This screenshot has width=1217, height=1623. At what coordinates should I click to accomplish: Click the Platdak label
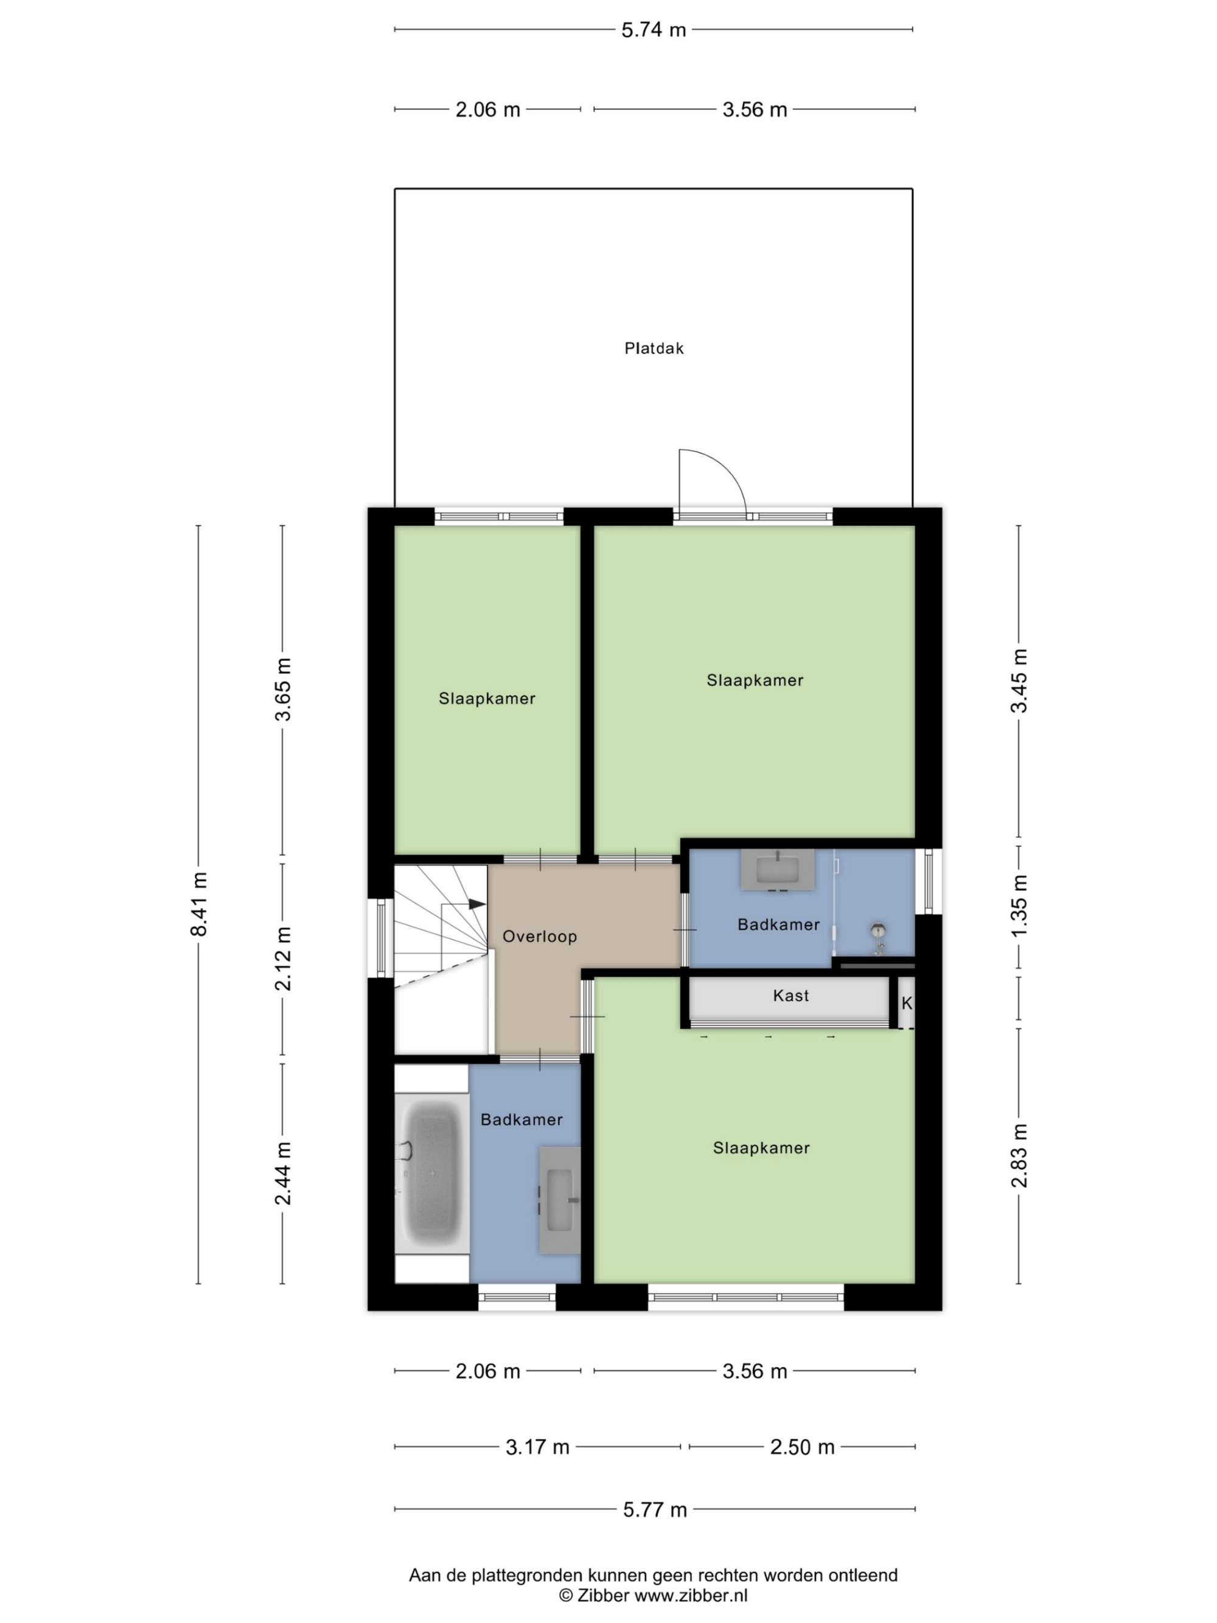coord(654,349)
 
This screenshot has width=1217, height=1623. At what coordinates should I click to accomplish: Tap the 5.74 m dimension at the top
coord(654,30)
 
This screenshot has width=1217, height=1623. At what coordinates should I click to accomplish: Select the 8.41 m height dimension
coord(199,904)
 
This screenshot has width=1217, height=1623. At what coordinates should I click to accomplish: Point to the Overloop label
coord(540,936)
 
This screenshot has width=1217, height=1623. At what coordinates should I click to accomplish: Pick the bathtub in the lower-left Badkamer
coord(432,1173)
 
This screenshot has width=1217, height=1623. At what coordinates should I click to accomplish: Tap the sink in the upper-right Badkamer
coord(778,870)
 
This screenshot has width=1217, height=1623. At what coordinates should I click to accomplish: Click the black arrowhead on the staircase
coord(477,904)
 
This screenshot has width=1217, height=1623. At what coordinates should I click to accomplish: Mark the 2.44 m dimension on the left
coord(283,1173)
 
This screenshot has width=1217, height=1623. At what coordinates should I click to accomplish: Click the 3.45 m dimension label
coord(1019,681)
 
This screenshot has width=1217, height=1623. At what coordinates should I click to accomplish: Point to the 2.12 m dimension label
coord(283,958)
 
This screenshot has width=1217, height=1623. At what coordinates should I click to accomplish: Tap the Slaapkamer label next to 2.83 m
coord(761,1148)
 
